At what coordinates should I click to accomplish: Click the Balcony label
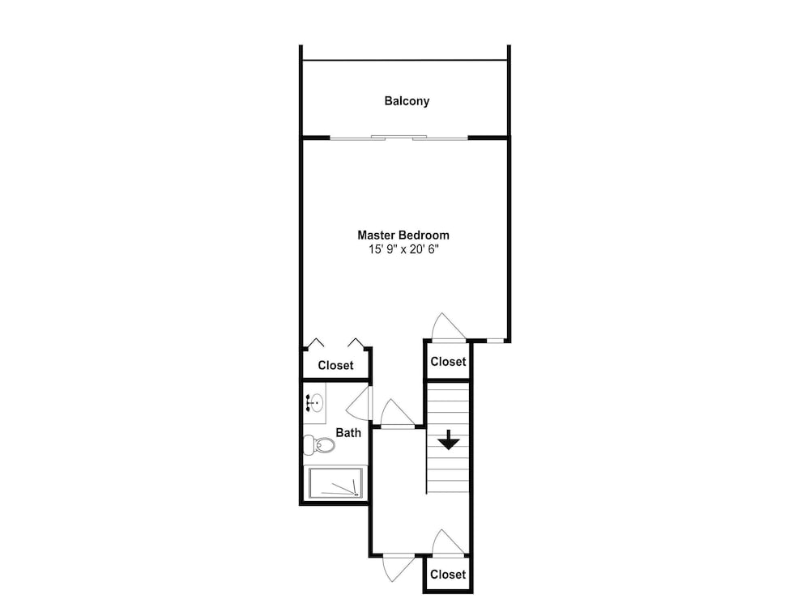pyautogui.click(x=407, y=100)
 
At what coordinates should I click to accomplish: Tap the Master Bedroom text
pyautogui.click(x=403, y=235)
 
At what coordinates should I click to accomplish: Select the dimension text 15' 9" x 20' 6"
pyautogui.click(x=403, y=249)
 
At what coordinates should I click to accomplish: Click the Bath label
pyautogui.click(x=348, y=432)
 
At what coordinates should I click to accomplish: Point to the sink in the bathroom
pyautogui.click(x=314, y=402)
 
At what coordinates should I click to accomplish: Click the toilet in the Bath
pyautogui.click(x=318, y=444)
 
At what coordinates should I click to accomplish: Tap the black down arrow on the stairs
pyautogui.click(x=449, y=440)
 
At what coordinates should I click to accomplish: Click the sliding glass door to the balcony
pyautogui.click(x=399, y=138)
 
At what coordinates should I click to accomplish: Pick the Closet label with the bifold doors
pyautogui.click(x=335, y=366)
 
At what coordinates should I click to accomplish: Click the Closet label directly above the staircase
pyautogui.click(x=448, y=362)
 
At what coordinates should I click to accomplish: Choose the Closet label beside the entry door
pyautogui.click(x=448, y=575)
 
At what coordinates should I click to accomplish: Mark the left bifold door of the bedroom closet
pyautogui.click(x=314, y=342)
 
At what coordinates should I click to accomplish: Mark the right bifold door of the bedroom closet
pyautogui.click(x=356, y=342)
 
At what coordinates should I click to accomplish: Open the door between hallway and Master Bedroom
pyautogui.click(x=397, y=414)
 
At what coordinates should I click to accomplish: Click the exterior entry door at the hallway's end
pyautogui.click(x=399, y=569)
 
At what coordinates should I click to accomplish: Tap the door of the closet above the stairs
pyautogui.click(x=449, y=327)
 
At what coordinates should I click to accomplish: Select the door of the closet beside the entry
pyautogui.click(x=449, y=543)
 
